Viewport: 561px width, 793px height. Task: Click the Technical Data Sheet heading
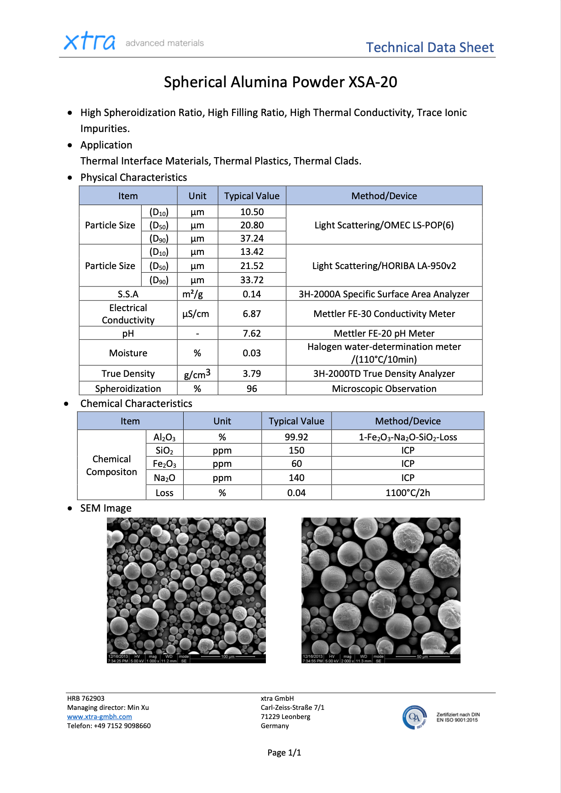[429, 48]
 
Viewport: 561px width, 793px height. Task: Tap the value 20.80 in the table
[252, 225]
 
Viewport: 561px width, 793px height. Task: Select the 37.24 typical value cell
[252, 238]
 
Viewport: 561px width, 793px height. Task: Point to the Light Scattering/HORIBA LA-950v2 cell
[384, 266]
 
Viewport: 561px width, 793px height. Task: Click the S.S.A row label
[128, 294]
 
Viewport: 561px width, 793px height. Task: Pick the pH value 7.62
[252, 333]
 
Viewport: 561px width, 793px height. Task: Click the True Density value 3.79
[252, 374]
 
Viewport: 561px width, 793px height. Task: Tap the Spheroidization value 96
[252, 389]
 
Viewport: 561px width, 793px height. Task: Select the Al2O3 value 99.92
[296, 437]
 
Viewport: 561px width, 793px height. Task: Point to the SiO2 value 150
[296, 450]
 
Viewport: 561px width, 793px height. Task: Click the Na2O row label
[164, 478]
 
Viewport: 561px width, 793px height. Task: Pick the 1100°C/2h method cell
[408, 493]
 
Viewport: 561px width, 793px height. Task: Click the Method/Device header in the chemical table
[408, 421]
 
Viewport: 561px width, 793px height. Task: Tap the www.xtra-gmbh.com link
[100, 717]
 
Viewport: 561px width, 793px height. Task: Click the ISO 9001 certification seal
[415, 717]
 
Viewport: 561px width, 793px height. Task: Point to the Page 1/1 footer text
[284, 753]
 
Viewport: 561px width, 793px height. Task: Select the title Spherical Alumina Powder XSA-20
[280, 82]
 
